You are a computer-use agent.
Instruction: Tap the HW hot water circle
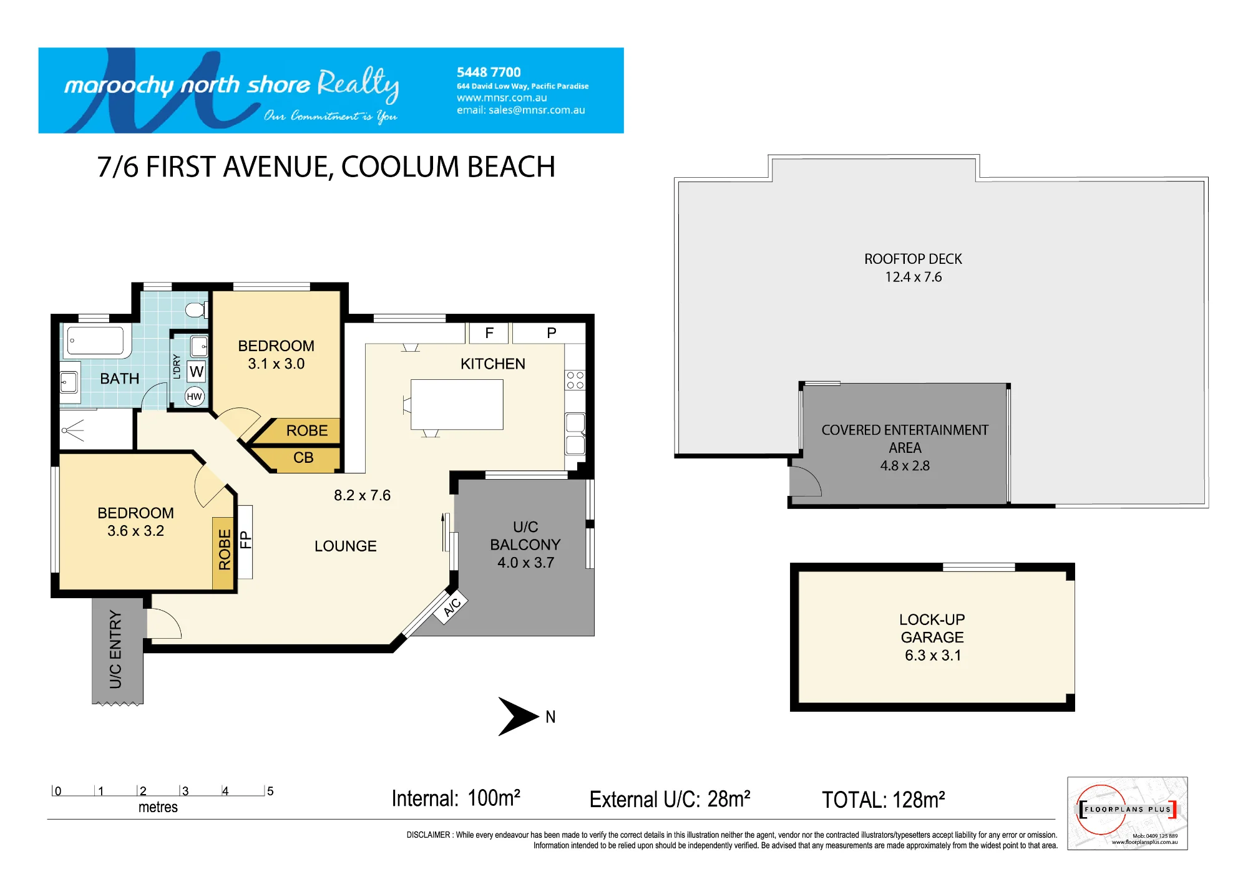pos(195,396)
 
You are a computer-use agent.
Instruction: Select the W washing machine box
pos(197,372)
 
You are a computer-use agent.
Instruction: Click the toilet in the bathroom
pos(197,309)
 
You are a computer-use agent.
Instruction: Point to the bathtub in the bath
pos(95,341)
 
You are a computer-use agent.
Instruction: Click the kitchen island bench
pos(457,404)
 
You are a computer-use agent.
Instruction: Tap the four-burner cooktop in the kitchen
pos(575,380)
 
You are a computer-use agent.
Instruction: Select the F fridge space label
pos(489,333)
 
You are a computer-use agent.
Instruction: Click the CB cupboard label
pos(303,458)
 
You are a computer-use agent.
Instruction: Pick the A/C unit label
pos(452,606)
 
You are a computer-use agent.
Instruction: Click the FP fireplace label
pos(246,540)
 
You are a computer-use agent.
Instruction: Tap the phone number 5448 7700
pos(489,72)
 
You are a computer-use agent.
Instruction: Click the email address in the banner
pos(521,110)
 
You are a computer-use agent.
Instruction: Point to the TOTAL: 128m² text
pos(884,800)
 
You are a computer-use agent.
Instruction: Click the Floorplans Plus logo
pos(1128,813)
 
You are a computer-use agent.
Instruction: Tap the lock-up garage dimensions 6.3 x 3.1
pos(933,656)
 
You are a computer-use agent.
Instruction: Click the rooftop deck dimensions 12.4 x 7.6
pos(914,277)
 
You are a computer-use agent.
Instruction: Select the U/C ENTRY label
pos(115,649)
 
